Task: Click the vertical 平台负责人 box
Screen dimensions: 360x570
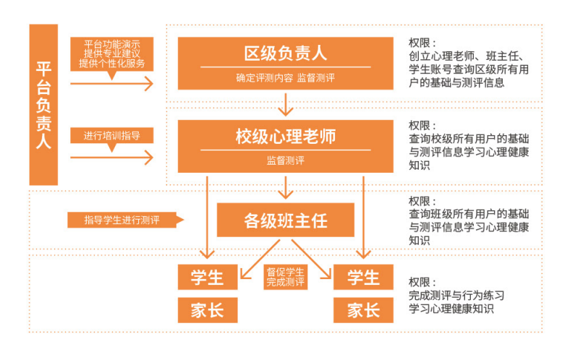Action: [x=43, y=105]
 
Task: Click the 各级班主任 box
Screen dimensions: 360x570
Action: [x=286, y=220]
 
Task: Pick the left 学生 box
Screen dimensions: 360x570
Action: [x=207, y=277]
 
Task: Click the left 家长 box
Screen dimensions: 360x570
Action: [x=207, y=310]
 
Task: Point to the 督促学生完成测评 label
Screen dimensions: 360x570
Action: [x=285, y=278]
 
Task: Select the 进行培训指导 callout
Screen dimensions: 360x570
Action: [x=112, y=135]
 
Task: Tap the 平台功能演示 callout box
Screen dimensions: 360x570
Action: [x=112, y=53]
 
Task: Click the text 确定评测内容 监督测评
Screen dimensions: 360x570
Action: [x=285, y=77]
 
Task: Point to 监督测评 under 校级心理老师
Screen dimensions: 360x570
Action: [x=285, y=160]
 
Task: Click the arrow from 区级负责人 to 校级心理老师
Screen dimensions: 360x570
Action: [x=286, y=104]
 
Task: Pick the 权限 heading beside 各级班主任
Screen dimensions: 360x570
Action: [x=422, y=202]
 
